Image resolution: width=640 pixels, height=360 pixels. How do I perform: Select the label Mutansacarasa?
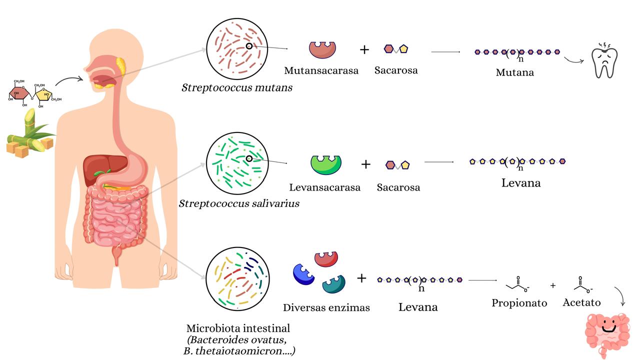(321, 70)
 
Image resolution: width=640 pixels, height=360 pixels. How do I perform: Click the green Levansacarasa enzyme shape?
(326, 164)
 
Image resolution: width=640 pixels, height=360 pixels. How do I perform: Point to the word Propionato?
(519, 303)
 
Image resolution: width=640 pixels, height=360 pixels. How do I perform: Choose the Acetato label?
(581, 302)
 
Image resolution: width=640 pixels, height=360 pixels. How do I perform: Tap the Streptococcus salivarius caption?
(239, 203)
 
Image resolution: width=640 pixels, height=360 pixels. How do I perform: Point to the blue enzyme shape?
(303, 274)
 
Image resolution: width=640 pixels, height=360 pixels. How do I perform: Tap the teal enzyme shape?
(333, 284)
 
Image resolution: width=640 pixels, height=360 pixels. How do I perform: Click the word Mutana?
(514, 72)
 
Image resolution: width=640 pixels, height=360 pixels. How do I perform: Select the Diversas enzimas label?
(326, 307)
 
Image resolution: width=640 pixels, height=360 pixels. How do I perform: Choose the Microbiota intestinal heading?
(238, 328)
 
